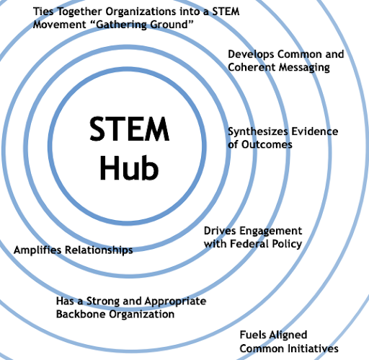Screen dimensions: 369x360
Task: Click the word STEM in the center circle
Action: tap(130, 129)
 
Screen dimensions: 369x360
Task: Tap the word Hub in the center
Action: tap(129, 167)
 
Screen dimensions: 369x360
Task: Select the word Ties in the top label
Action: tap(43, 12)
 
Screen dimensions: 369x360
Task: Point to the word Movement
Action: tap(59, 25)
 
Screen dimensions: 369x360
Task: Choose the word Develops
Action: tap(251, 55)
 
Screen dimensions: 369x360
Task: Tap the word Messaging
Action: tap(304, 68)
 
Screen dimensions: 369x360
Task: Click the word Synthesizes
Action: tap(258, 132)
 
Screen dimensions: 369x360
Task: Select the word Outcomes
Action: tap(267, 145)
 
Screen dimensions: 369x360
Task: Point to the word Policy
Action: tap(287, 245)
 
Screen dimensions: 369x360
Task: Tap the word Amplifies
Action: tap(37, 250)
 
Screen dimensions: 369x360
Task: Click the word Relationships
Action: tap(99, 250)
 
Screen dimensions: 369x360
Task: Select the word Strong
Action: tap(103, 302)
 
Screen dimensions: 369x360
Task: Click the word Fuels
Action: tap(253, 335)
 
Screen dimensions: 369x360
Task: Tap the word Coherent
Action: tap(252, 67)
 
